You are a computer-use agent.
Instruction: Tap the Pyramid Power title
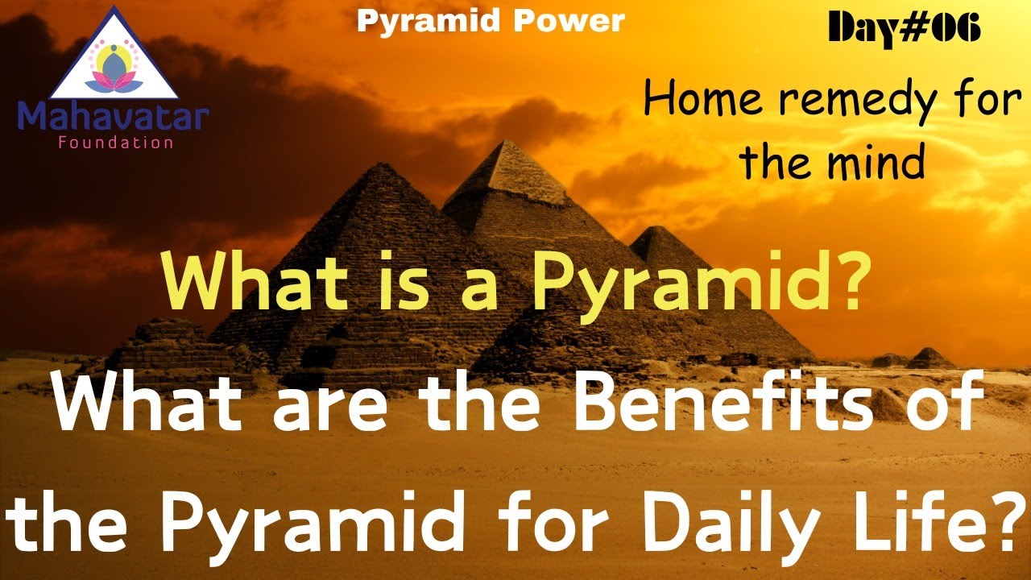coord(491,21)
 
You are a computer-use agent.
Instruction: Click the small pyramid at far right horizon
coord(931,358)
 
